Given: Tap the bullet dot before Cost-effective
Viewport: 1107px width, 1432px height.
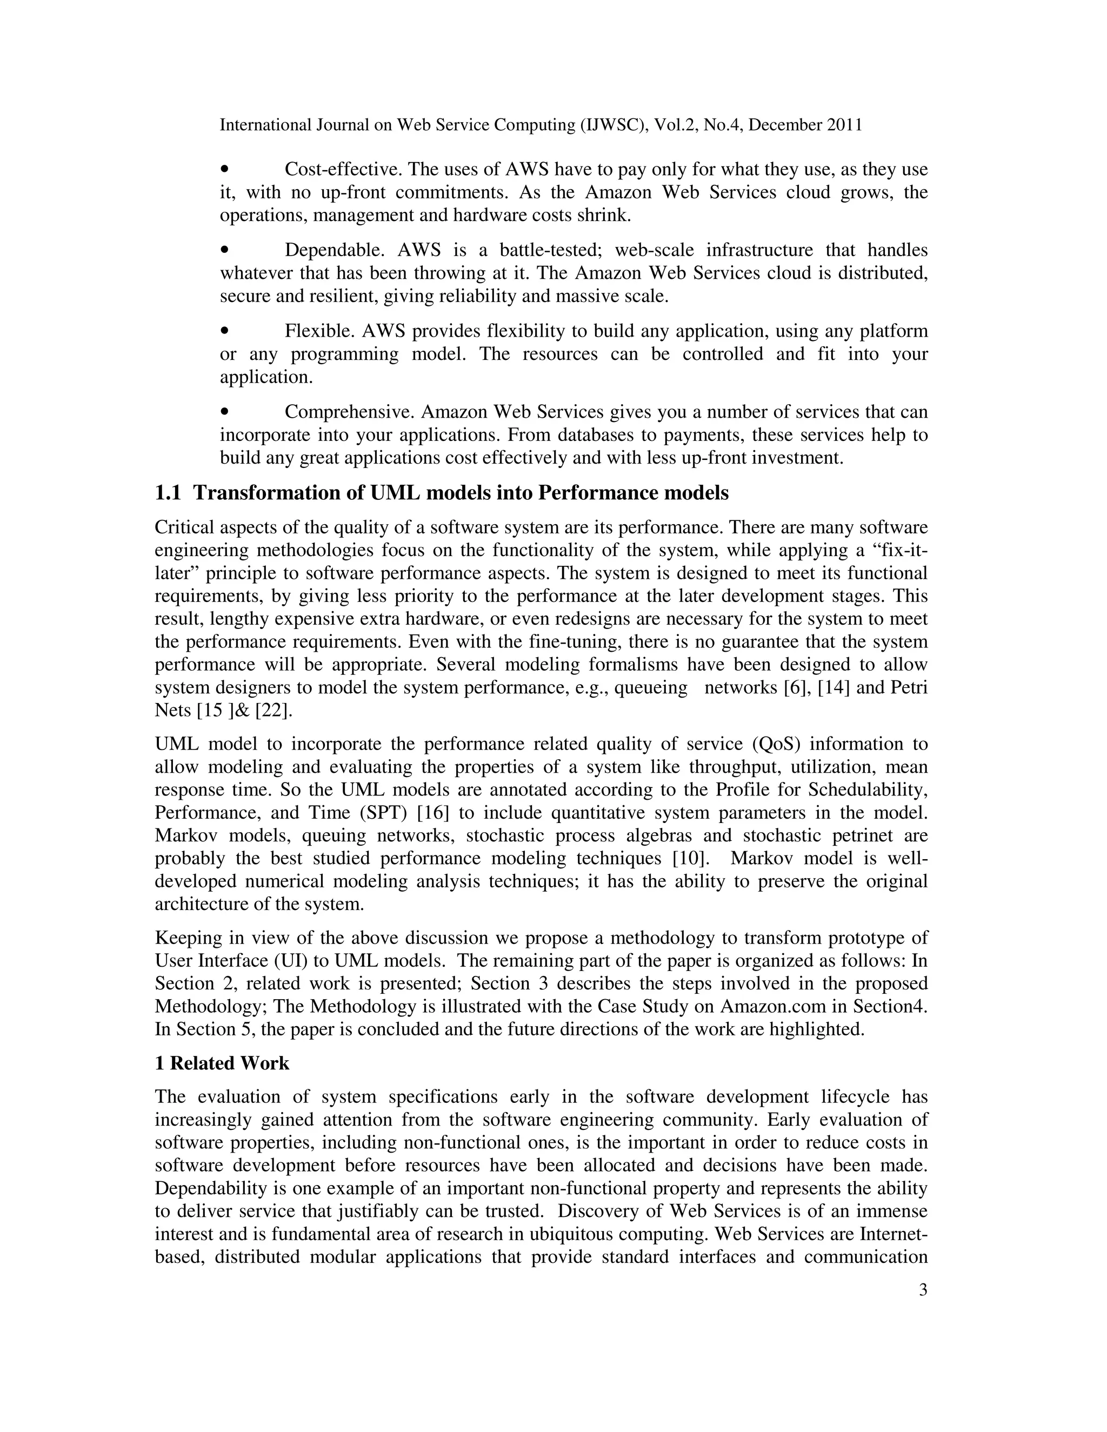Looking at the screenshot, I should (225, 169).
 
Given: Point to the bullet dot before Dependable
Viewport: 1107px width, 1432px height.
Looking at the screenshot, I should (225, 250).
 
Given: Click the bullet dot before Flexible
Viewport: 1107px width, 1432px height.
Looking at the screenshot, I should (225, 331).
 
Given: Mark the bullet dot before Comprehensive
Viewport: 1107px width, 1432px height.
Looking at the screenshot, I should (225, 412).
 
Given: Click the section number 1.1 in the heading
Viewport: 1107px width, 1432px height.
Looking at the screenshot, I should (168, 493).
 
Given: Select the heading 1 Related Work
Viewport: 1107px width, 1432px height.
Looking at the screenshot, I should (222, 1063).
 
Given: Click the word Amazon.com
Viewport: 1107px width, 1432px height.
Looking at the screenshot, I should (774, 1006).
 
